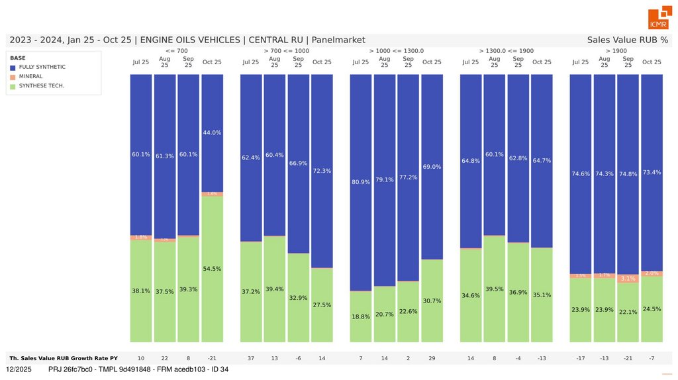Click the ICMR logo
659,19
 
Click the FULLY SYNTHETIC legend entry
42,67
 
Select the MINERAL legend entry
30,76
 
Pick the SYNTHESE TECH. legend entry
41,85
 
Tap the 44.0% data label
212,132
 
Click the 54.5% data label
212,269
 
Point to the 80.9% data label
361,181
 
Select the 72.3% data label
322,171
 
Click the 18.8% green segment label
361,316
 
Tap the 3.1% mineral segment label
628,279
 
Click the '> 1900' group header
616,50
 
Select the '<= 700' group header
176,50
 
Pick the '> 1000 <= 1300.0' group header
396,50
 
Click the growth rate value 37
251,358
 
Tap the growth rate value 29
432,358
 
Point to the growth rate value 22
165,358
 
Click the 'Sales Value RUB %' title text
627,40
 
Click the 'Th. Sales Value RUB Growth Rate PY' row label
64,358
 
